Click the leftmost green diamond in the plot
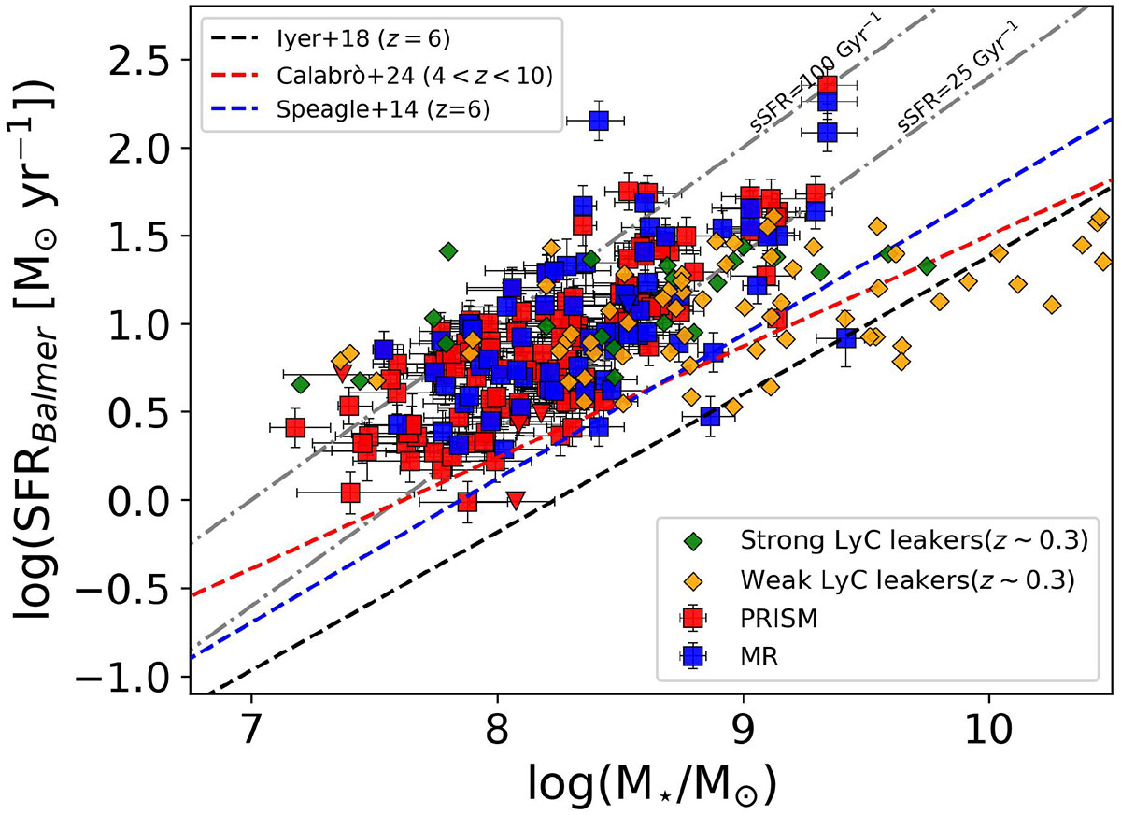[300, 383]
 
